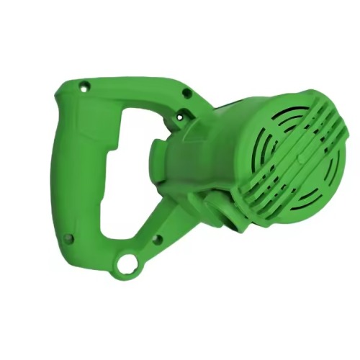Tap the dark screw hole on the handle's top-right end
[186, 93]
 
